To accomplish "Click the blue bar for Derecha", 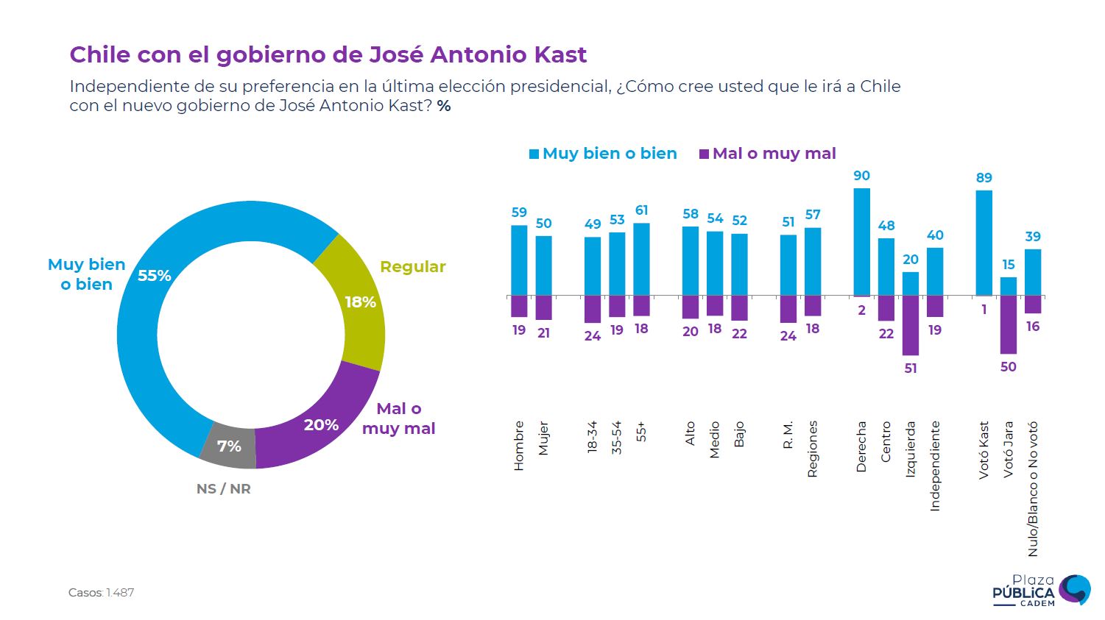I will tap(861, 242).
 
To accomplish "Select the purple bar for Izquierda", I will tap(911, 325).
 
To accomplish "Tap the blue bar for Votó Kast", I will tap(984, 243).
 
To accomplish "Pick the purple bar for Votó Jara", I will tap(1009, 324).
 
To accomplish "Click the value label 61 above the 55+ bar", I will tap(642, 210).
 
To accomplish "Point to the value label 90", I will tap(861, 176).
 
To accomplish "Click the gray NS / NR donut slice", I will tap(228, 445).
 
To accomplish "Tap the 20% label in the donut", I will tap(321, 425).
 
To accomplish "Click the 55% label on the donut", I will tap(155, 276).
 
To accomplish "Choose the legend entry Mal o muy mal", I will tap(767, 154).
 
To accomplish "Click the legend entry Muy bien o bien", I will tap(603, 154).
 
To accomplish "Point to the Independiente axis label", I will tap(935, 466).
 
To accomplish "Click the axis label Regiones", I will tap(813, 449).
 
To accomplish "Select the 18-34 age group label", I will tap(593, 437).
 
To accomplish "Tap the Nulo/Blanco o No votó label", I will tap(1033, 488).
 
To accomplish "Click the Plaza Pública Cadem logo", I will tap(1041, 591).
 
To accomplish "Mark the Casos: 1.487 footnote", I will tap(102, 593).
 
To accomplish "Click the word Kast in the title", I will tap(562, 54).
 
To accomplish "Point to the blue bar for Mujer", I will tap(543, 266).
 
